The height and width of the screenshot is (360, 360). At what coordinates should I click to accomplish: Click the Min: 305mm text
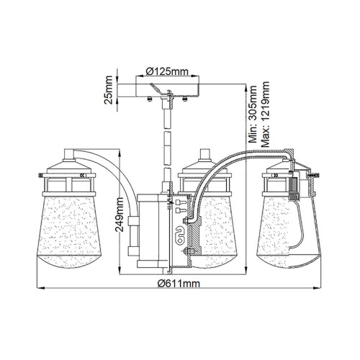[x=253, y=115]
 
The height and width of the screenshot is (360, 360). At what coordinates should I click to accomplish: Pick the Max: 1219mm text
[x=266, y=115]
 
